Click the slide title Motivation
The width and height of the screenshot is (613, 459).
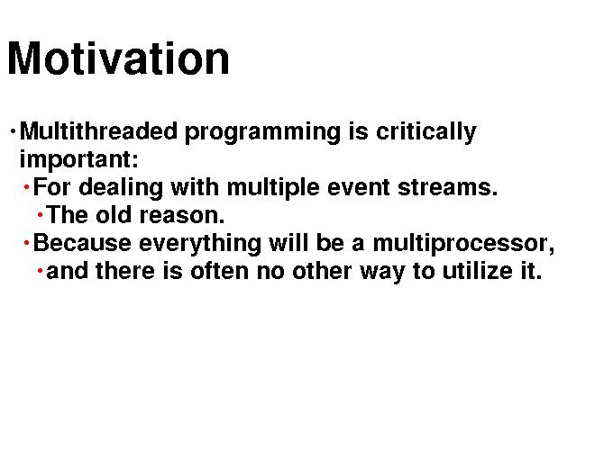coord(118,58)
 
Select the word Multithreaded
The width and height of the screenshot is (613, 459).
coord(98,130)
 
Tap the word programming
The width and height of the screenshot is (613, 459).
coord(262,132)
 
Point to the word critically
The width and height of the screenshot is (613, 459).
coord(426,132)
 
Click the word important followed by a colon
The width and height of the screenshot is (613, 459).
coord(79,160)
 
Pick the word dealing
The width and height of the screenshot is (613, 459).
coord(121,188)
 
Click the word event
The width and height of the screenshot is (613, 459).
coord(359,187)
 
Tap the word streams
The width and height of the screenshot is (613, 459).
coord(448,187)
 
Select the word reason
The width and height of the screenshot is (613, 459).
coord(182,216)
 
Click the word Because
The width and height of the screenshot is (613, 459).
coord(82,243)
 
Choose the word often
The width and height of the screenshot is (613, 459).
coord(220,271)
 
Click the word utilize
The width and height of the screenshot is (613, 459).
coord(478,271)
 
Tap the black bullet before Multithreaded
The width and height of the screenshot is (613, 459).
coord(13,130)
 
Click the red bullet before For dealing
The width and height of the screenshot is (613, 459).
coord(26,187)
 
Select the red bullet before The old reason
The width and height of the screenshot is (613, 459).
coord(40,214)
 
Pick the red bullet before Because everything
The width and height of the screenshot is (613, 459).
coord(26,243)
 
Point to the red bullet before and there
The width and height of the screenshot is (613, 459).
coord(40,270)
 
